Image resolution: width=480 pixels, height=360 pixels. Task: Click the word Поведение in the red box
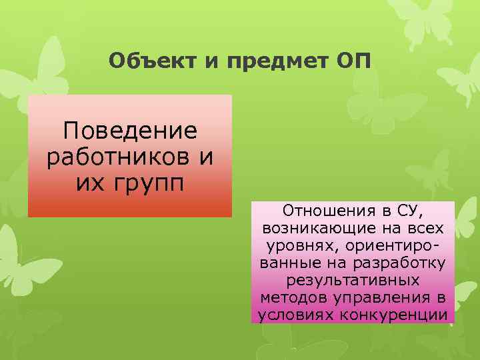click(x=130, y=130)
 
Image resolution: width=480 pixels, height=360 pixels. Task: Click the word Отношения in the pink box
click(x=320, y=212)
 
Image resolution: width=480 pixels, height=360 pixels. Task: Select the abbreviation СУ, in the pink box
click(x=411, y=212)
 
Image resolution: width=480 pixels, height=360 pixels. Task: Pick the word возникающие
click(x=319, y=229)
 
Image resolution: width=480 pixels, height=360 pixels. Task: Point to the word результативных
click(x=353, y=279)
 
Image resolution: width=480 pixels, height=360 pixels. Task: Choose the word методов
click(x=294, y=295)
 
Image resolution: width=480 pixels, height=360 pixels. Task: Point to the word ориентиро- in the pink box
click(x=396, y=245)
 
